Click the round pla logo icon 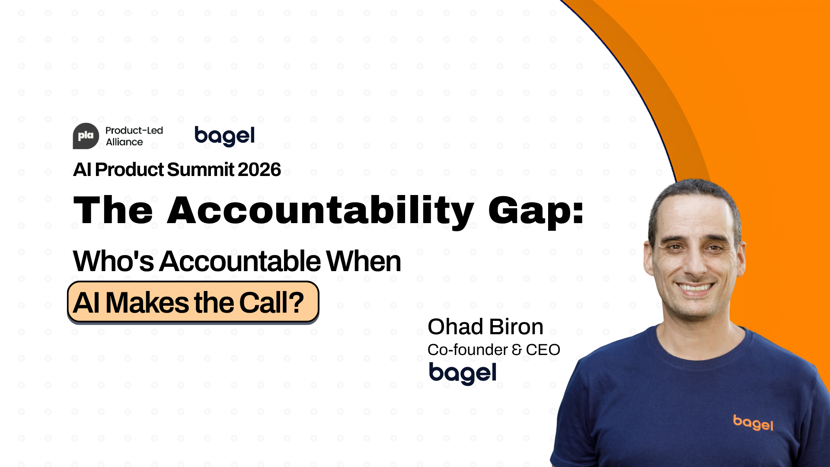point(86,136)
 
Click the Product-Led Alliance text point(134,136)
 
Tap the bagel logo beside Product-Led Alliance point(224,136)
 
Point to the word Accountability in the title point(320,211)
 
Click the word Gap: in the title point(536,211)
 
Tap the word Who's point(113,261)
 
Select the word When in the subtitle point(363,261)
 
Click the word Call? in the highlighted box point(271,302)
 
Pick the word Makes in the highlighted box point(147,302)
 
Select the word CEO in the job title point(543,349)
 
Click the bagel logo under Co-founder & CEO point(463,373)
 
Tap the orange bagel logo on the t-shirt point(753,422)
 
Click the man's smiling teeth point(695,287)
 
